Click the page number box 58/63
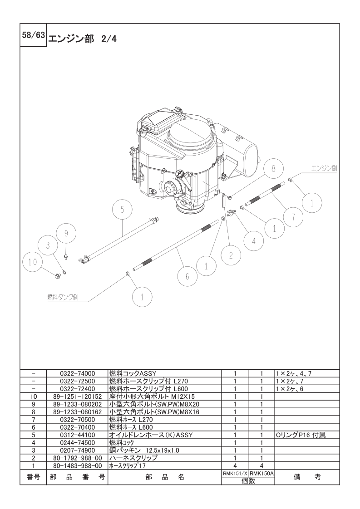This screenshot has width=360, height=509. [33, 35]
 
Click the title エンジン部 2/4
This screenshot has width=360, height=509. [82, 39]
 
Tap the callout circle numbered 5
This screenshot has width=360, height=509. [122, 210]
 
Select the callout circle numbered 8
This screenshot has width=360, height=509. [274, 168]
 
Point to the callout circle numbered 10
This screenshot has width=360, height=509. [33, 262]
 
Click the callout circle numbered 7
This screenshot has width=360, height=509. [293, 216]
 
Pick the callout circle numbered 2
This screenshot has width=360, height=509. [231, 255]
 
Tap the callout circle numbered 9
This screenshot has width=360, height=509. [66, 233]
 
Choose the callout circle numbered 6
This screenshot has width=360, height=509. [187, 277]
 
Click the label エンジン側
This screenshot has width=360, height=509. [324, 168]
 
